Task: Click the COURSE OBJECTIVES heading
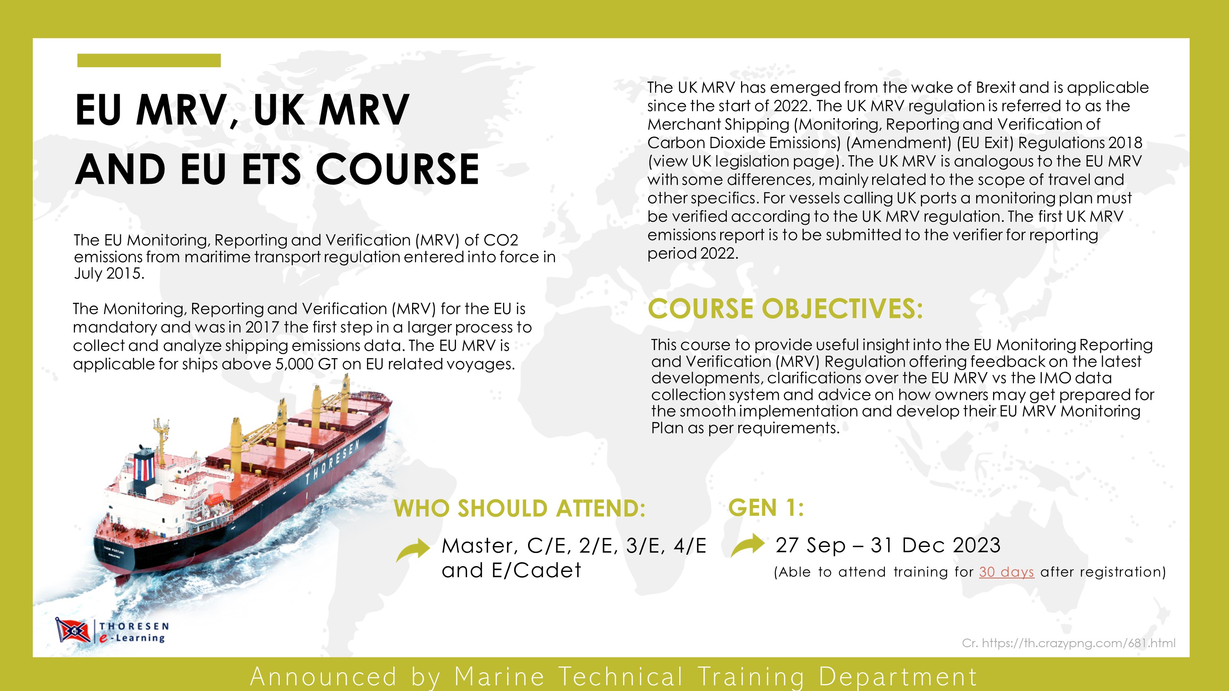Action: click(x=785, y=309)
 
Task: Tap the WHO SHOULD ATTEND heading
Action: click(x=519, y=508)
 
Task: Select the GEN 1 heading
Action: click(x=766, y=507)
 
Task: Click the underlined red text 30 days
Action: click(x=1006, y=572)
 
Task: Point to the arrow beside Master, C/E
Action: click(x=413, y=549)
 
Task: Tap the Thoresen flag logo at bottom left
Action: click(x=73, y=630)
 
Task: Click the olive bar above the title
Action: click(x=149, y=61)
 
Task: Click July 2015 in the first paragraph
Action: click(x=109, y=273)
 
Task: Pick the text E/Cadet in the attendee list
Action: click(x=536, y=570)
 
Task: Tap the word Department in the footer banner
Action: click(x=898, y=677)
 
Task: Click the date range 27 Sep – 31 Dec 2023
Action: click(x=888, y=545)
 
